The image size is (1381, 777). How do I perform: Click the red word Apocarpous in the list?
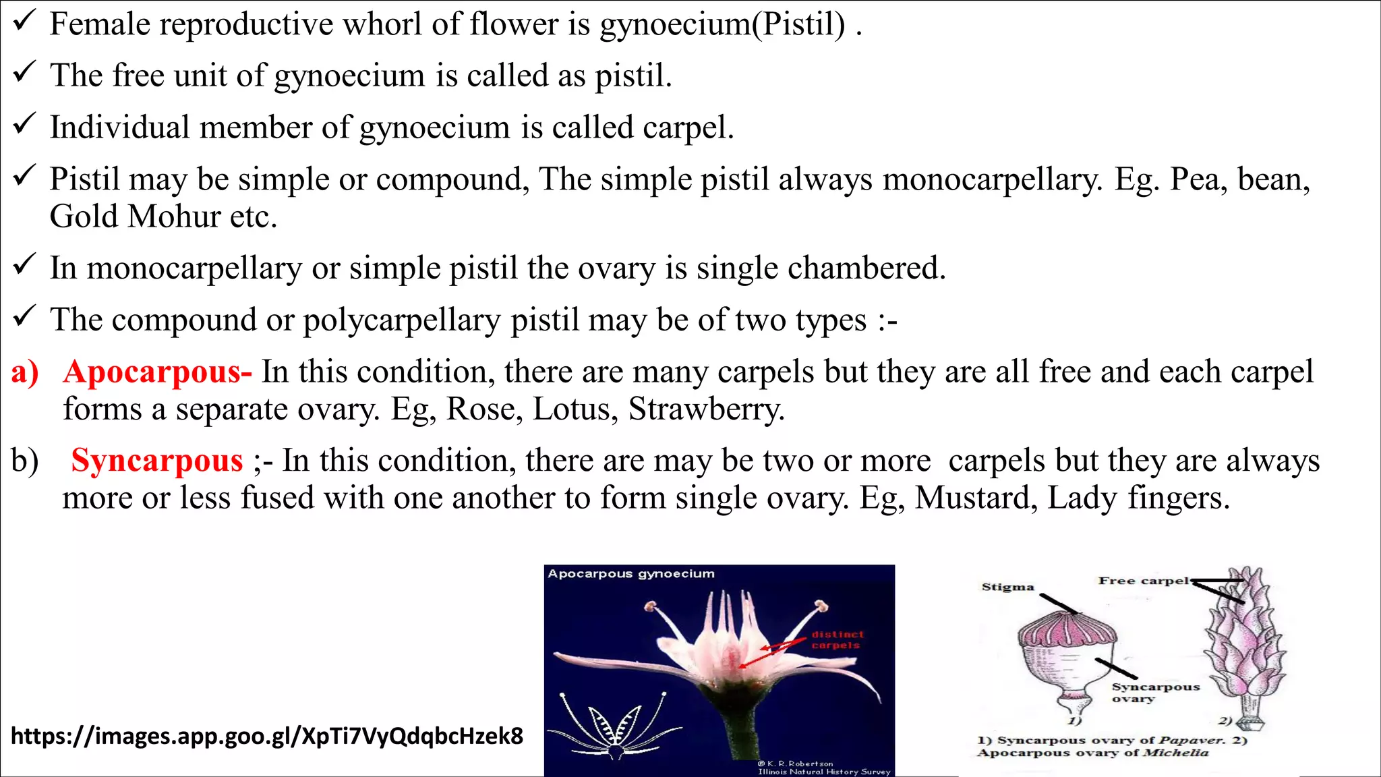(x=156, y=372)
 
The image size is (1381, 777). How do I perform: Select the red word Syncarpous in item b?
(x=156, y=461)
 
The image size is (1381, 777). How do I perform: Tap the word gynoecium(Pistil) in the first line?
(x=722, y=25)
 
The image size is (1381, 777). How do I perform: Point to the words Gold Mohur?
(x=135, y=217)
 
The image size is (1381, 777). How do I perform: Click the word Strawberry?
(x=706, y=409)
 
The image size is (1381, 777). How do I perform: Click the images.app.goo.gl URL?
(x=267, y=736)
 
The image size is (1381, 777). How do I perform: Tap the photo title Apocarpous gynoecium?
(x=630, y=574)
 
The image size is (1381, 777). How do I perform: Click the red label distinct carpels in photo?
(x=837, y=639)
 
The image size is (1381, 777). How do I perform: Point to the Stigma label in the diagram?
(x=1007, y=587)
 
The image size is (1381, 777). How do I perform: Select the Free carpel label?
(x=1144, y=581)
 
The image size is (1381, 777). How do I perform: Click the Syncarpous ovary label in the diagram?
(x=1155, y=692)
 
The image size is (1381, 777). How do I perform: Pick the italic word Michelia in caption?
(x=1175, y=753)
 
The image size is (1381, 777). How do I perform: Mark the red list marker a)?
(x=25, y=372)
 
